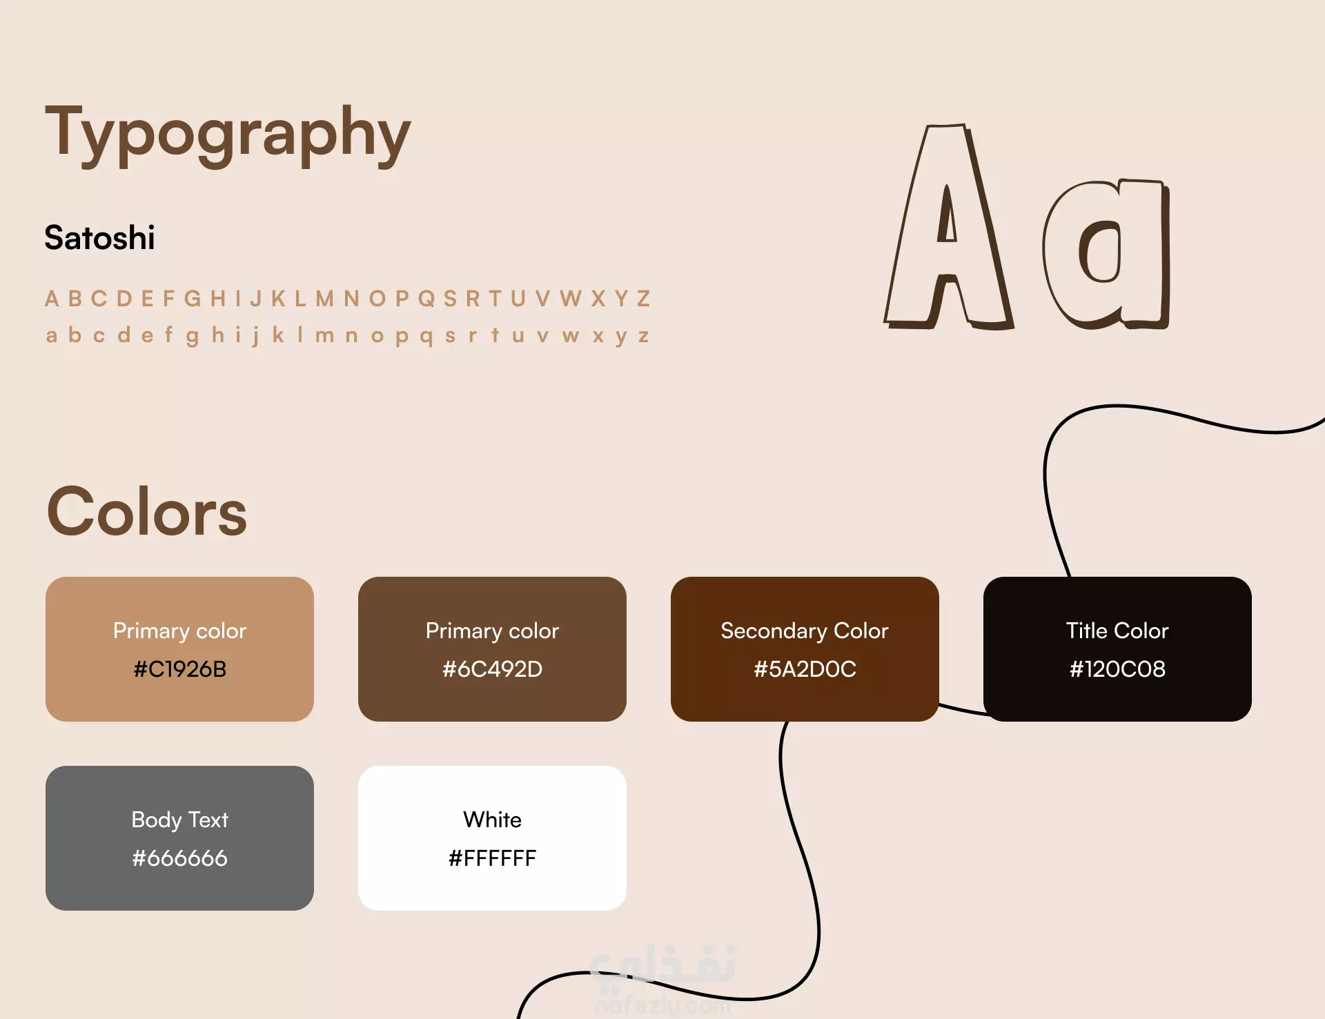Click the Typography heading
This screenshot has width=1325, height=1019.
(228, 135)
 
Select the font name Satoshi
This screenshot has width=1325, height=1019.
(99, 238)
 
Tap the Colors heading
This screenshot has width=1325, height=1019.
(147, 511)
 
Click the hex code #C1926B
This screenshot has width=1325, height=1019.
(180, 669)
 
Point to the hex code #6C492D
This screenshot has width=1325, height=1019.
(492, 669)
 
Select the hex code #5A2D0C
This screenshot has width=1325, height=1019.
(805, 669)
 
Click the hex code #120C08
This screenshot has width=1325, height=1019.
(1117, 669)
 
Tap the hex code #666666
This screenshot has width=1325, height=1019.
(180, 858)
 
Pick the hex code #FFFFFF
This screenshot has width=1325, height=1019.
(492, 858)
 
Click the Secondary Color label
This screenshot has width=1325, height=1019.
(805, 631)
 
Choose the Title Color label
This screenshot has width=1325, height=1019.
(1117, 631)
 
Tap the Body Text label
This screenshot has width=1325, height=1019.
(180, 820)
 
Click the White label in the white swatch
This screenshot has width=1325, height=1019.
(492, 820)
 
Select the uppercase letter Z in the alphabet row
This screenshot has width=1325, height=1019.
(643, 299)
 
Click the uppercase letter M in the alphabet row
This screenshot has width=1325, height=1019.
(324, 299)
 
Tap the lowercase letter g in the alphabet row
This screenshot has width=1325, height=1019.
(193, 337)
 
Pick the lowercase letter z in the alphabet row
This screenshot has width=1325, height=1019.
(643, 336)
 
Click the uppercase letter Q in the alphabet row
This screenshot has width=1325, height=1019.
(426, 299)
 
